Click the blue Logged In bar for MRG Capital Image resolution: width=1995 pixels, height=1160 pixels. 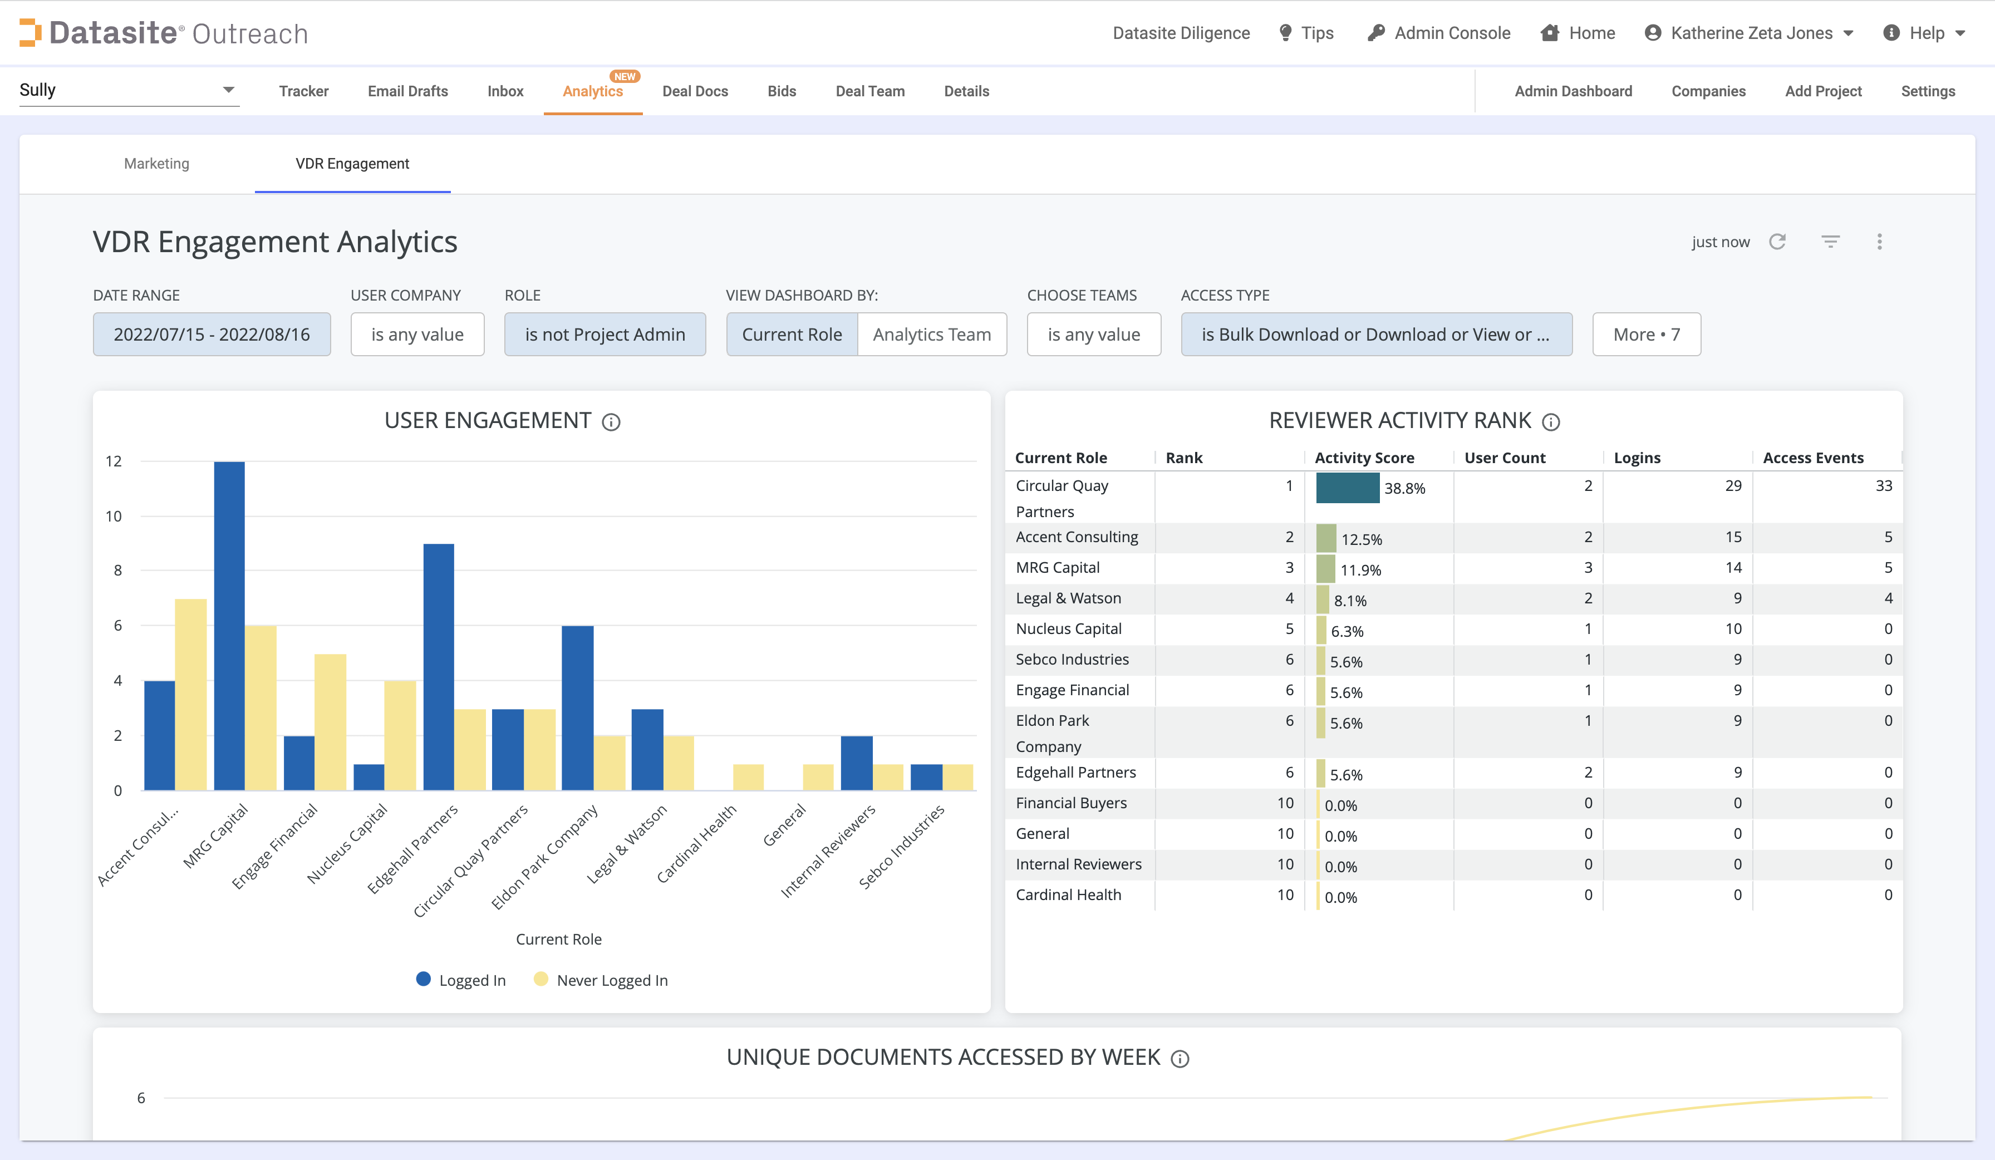[x=229, y=626]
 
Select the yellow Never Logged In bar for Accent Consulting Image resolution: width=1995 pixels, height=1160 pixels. [x=191, y=695]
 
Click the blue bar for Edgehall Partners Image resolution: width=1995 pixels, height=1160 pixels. [x=439, y=667]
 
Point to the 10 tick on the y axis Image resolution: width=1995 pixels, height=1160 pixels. [x=114, y=516]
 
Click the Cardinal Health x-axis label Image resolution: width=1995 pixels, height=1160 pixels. [x=697, y=844]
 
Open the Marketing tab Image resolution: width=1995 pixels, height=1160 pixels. [x=157, y=163]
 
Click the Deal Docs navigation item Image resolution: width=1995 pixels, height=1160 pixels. [x=694, y=91]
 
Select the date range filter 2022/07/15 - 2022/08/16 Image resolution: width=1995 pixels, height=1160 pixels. [x=212, y=334]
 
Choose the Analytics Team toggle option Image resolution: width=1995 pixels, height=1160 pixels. [x=931, y=334]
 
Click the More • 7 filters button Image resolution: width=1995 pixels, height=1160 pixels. [x=1646, y=334]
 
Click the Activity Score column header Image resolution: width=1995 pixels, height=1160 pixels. [x=1364, y=458]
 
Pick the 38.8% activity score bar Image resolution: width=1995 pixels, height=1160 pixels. [x=1348, y=488]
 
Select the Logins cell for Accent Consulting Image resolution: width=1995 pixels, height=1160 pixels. [x=1733, y=537]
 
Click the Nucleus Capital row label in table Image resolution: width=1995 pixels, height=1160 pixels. [x=1068, y=628]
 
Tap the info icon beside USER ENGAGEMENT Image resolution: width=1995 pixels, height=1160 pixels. [x=611, y=422]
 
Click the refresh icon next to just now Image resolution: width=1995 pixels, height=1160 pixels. [x=1777, y=242]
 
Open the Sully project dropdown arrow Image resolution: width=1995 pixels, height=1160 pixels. [x=228, y=90]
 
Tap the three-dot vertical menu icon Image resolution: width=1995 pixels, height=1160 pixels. [x=1879, y=242]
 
